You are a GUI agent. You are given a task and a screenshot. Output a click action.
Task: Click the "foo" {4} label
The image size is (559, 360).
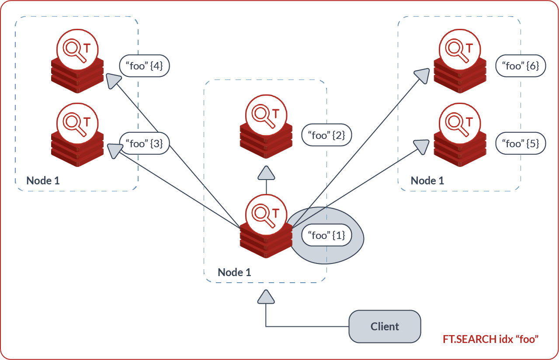point(144,66)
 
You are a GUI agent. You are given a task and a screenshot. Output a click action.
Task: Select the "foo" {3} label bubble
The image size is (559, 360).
point(144,144)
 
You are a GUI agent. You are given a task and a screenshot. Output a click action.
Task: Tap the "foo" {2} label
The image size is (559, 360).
point(326,135)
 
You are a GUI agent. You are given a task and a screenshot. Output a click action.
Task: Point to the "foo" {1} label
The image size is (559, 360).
point(326,235)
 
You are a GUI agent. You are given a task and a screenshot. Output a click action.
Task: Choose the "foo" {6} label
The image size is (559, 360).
point(521,66)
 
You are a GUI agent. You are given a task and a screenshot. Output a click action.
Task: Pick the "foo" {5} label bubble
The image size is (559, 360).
point(521,144)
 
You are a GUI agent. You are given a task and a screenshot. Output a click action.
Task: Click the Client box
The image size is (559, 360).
point(385,326)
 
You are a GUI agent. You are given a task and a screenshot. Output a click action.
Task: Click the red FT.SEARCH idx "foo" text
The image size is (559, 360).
point(490,339)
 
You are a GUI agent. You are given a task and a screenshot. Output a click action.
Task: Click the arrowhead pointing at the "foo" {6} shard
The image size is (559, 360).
point(422,76)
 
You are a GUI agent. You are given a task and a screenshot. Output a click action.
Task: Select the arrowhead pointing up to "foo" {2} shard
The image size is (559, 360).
point(266,173)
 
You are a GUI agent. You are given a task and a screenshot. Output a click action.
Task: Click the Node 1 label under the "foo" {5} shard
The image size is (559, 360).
point(427,180)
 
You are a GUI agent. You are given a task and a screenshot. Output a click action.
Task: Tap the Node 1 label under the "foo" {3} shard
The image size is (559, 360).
point(43,180)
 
